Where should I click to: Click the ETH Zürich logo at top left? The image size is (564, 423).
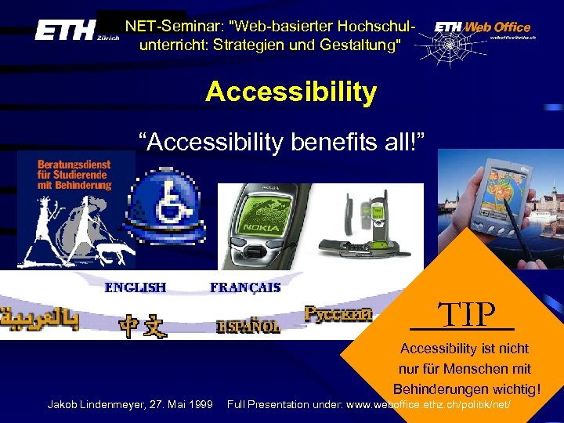(76, 31)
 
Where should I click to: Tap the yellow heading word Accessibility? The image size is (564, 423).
(291, 92)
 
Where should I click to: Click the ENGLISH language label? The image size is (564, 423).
(136, 287)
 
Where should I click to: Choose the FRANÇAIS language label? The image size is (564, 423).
(245, 287)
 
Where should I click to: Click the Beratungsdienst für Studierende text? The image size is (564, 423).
(74, 175)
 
